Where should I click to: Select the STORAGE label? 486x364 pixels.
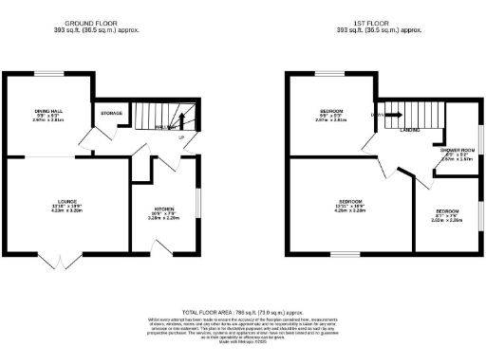(x=112, y=114)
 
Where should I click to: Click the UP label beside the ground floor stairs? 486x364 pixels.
(x=180, y=138)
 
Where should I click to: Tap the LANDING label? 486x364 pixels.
(x=410, y=130)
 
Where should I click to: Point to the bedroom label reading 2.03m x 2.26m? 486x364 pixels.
(x=447, y=214)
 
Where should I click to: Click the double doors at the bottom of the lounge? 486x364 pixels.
(x=59, y=259)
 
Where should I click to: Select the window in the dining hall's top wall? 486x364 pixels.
(x=49, y=74)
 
